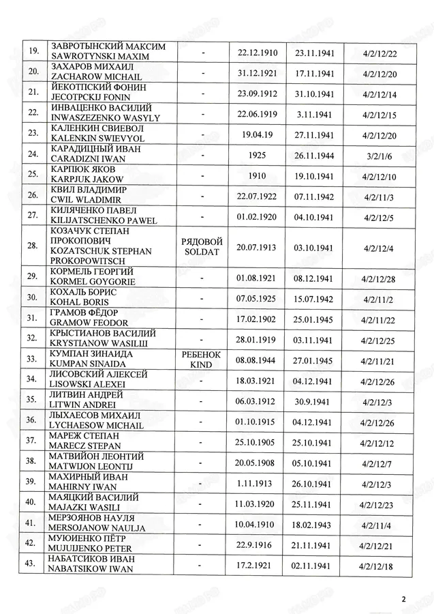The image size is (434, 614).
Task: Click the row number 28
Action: point(31,247)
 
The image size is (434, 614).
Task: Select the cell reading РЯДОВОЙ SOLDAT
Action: point(199,247)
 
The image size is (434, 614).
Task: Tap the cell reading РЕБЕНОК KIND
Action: point(199,360)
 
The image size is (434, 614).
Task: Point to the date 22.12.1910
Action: point(255,51)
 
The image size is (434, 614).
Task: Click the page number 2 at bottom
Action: point(403,600)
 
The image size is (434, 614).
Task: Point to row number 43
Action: point(31,568)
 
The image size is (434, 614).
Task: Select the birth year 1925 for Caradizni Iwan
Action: point(255,156)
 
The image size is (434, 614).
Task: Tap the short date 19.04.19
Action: point(255,135)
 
